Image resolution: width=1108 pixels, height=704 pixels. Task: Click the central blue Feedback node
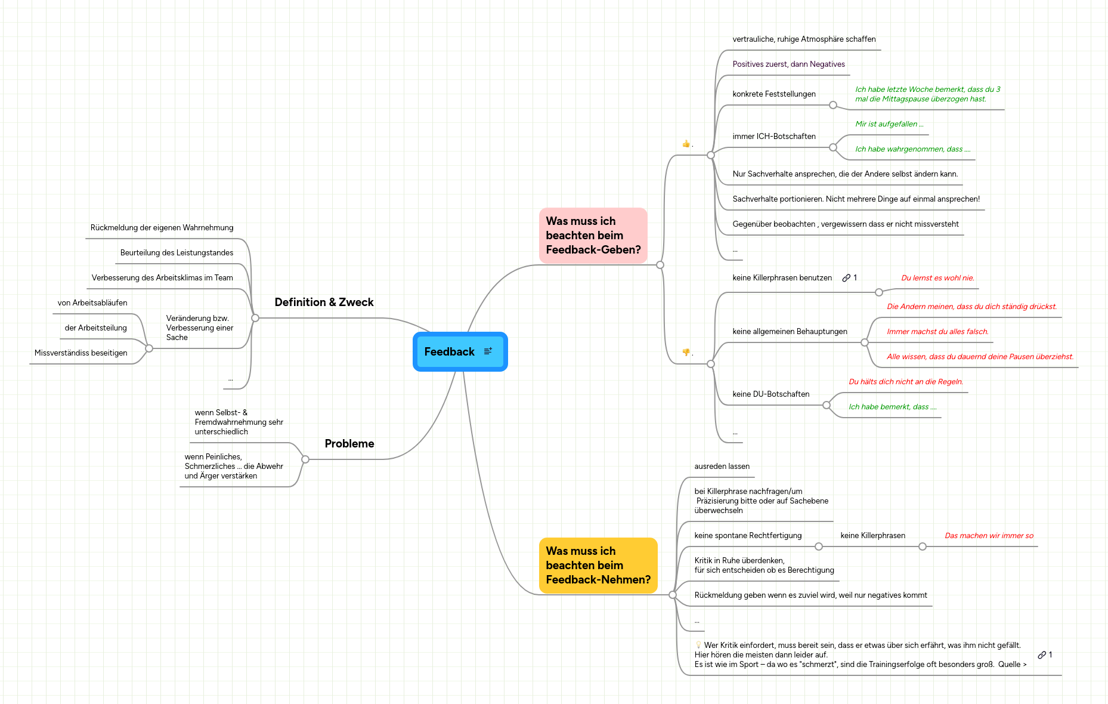click(450, 352)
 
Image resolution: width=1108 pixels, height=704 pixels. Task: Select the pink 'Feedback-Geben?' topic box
click(593, 236)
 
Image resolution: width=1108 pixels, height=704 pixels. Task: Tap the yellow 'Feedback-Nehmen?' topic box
click(598, 566)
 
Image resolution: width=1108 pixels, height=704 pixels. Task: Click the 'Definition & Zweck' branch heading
click(324, 302)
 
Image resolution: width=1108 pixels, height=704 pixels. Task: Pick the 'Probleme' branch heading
click(349, 444)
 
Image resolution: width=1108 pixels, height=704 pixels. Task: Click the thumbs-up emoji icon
click(686, 144)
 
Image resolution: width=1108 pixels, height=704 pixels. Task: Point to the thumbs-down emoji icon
click(686, 353)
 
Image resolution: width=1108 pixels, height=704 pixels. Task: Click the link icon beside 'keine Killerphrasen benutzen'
click(846, 278)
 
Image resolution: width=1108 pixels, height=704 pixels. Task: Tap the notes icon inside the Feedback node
click(488, 351)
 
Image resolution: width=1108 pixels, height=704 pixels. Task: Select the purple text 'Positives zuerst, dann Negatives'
click(788, 64)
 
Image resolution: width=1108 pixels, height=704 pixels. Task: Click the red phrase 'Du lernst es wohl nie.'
click(937, 278)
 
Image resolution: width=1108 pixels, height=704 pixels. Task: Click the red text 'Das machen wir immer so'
click(989, 536)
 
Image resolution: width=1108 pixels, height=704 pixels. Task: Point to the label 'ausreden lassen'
click(722, 467)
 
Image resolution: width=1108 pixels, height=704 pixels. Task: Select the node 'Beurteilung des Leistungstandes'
click(177, 253)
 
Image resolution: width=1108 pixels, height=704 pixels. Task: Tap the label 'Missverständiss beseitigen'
click(81, 353)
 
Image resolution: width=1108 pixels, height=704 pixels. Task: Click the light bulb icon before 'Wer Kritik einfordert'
click(698, 645)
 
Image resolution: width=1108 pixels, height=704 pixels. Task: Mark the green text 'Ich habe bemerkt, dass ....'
click(892, 407)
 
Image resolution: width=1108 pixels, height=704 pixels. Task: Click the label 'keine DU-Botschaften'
click(770, 394)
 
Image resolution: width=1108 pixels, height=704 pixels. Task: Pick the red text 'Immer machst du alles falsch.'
click(937, 332)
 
